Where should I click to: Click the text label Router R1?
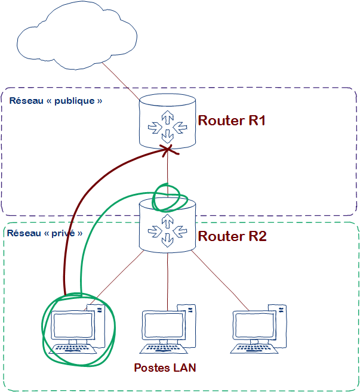pyautogui.click(x=231, y=121)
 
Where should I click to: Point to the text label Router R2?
pyautogui.click(x=232, y=236)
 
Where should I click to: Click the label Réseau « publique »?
pyautogui.click(x=56, y=101)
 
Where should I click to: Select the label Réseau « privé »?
pyautogui.click(x=45, y=233)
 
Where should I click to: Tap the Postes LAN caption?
pyautogui.click(x=165, y=368)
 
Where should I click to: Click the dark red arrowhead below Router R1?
pyautogui.click(x=167, y=149)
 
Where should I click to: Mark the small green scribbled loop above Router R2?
pyautogui.click(x=167, y=197)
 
